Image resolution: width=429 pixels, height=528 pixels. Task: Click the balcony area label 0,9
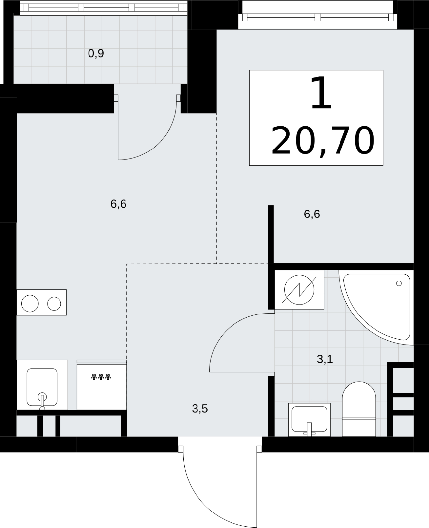click(x=96, y=53)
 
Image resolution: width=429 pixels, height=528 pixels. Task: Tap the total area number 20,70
click(x=323, y=141)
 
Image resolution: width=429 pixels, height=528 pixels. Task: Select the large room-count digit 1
click(x=321, y=93)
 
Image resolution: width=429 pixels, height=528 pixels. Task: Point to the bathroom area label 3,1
click(x=325, y=359)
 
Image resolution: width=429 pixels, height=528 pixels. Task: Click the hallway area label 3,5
click(x=200, y=409)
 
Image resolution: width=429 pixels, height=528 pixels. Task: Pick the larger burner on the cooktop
click(x=30, y=303)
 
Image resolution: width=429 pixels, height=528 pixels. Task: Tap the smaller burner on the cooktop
click(x=54, y=303)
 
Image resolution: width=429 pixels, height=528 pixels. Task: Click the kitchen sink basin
click(x=42, y=387)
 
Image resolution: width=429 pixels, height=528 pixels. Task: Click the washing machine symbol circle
click(x=299, y=289)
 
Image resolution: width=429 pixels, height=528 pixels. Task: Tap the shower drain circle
click(x=399, y=283)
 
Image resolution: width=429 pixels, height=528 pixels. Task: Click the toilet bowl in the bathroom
click(x=359, y=409)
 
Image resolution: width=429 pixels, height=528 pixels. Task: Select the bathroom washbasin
click(x=309, y=420)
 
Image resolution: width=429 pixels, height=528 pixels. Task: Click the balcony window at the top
click(x=103, y=8)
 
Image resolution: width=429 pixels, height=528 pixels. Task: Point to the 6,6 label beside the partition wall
click(x=312, y=214)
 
